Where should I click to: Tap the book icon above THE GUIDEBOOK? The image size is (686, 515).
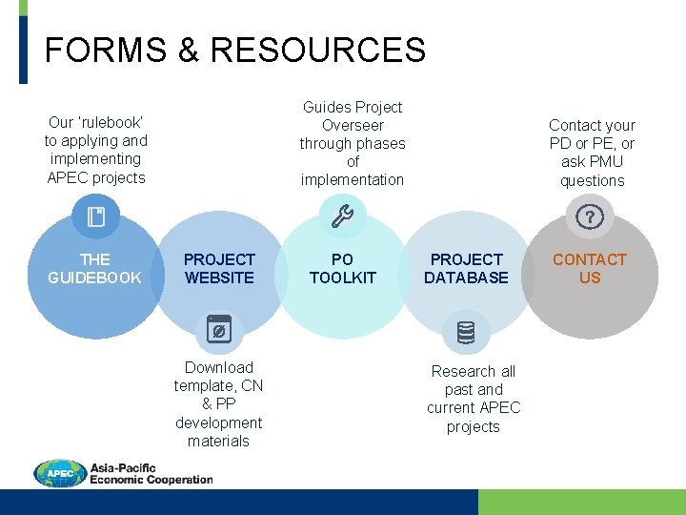click(x=95, y=217)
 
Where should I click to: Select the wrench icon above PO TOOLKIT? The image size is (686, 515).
click(x=342, y=217)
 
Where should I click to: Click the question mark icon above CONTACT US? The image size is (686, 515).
click(x=590, y=218)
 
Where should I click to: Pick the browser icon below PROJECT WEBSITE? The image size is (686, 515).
click(x=218, y=330)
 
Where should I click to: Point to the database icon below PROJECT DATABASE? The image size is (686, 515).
click(x=466, y=333)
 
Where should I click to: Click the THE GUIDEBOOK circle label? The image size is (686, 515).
click(x=95, y=269)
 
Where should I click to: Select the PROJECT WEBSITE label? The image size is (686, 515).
click(x=219, y=269)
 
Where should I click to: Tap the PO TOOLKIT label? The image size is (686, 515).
click(x=343, y=269)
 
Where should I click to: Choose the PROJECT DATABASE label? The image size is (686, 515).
click(x=466, y=269)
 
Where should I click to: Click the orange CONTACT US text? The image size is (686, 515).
click(x=590, y=269)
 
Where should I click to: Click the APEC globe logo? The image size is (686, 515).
click(x=60, y=473)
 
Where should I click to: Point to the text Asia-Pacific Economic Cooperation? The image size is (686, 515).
click(x=150, y=474)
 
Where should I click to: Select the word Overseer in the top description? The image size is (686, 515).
click(x=353, y=125)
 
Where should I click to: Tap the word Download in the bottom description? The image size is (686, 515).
click(x=219, y=367)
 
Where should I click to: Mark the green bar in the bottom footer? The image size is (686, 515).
click(x=581, y=502)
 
